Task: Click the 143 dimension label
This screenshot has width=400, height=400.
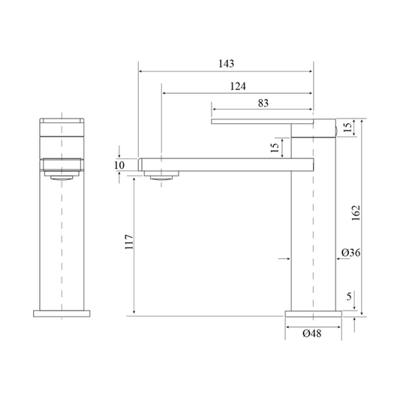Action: coord(227,64)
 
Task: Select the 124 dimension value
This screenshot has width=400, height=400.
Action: coord(238,86)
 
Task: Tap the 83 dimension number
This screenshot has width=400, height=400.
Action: coord(263,103)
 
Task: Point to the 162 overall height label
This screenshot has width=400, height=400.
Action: coord(356,212)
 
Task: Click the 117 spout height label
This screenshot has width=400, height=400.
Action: coord(129,242)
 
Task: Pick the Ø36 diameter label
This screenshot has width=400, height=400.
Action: coord(351,253)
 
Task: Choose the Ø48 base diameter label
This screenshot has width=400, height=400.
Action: coord(312,333)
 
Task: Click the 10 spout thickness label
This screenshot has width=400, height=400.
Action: coord(119,165)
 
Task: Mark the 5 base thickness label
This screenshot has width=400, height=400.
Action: coord(349,296)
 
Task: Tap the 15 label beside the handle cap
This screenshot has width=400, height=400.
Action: coord(347,128)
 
